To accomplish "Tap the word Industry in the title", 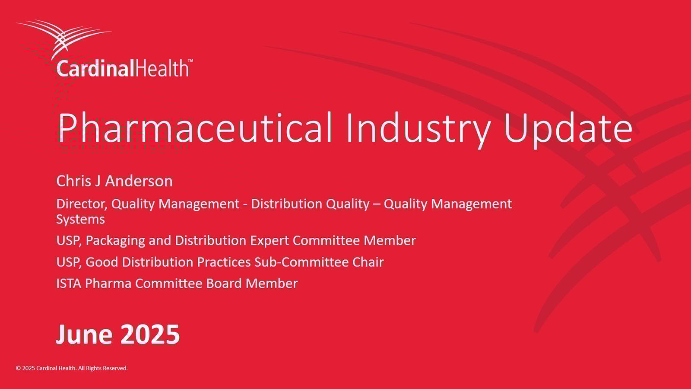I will point(418,128).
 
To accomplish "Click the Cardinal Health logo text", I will point(123,69).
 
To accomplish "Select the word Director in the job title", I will point(81,204).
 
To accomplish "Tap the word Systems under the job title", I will point(80,219).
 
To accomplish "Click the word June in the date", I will point(85,334).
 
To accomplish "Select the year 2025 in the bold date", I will point(149,334).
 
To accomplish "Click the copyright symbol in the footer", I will point(18,368).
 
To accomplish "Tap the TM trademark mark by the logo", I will point(190,61).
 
